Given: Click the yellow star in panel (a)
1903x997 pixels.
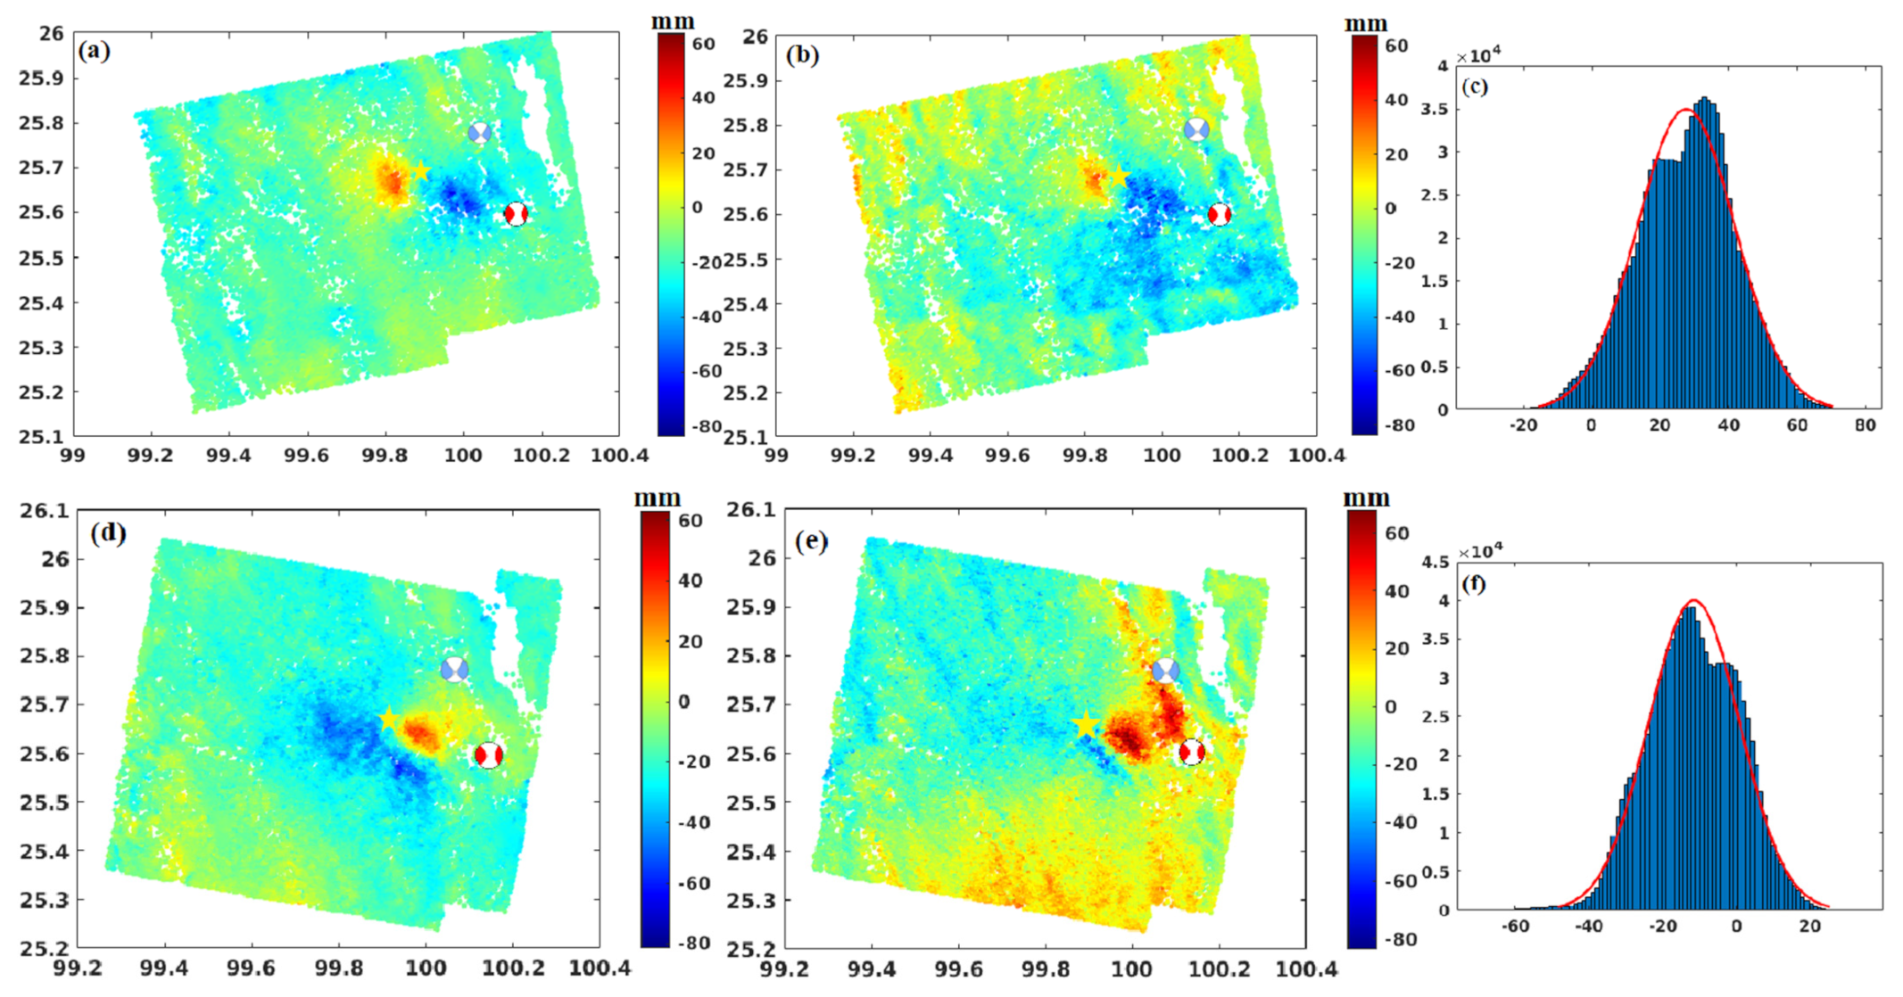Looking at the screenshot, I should pyautogui.click(x=421, y=172).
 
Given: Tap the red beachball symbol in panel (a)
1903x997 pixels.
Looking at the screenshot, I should pyautogui.click(x=516, y=214).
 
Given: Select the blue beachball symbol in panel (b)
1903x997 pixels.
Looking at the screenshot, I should pyautogui.click(x=1196, y=129).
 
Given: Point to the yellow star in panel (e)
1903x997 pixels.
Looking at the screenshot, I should pyautogui.click(x=1085, y=725).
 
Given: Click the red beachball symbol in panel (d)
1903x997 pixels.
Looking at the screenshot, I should pyautogui.click(x=488, y=755).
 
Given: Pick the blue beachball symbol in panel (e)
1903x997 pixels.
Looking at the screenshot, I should pyautogui.click(x=1165, y=671).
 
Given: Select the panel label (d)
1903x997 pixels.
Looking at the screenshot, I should pyautogui.click(x=108, y=533).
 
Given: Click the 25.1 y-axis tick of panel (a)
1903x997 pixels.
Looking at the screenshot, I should pyautogui.click(x=41, y=437).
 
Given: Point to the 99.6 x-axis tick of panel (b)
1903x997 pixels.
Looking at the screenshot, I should pyautogui.click(x=1007, y=456).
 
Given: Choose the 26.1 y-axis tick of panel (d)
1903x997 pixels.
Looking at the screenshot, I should pyautogui.click(x=45, y=511).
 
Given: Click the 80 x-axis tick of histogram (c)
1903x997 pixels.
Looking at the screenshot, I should pyautogui.click(x=1865, y=425).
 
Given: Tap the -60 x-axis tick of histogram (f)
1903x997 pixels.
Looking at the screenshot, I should pyautogui.click(x=1515, y=927).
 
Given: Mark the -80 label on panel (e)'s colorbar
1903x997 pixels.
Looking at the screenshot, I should pyautogui.click(x=1400, y=940).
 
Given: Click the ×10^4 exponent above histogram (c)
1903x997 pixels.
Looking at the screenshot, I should pyautogui.click(x=1479, y=56).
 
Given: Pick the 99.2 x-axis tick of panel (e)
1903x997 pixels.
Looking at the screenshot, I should pyautogui.click(x=784, y=969).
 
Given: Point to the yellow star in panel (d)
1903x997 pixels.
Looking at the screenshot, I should pyautogui.click(x=388, y=720).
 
